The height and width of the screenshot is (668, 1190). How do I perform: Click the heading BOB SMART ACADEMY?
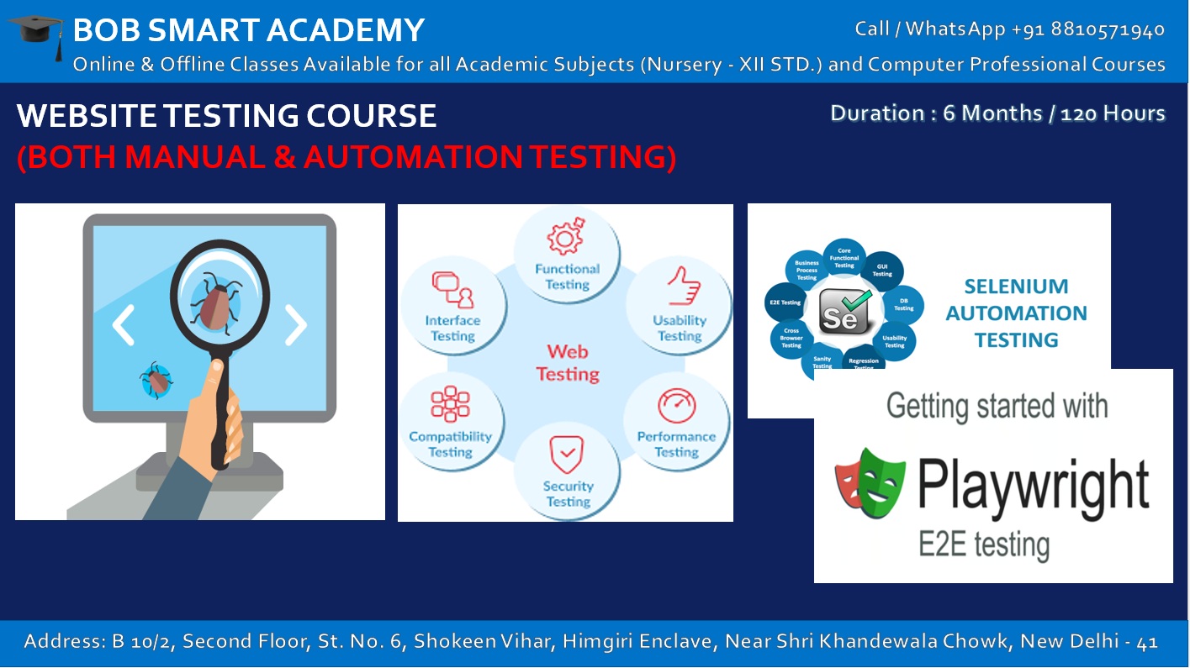pos(249,30)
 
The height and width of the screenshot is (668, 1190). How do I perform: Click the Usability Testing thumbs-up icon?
pos(683,286)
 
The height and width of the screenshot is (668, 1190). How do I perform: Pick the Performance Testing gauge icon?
pos(677,406)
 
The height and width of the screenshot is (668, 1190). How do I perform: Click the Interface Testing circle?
pos(453,306)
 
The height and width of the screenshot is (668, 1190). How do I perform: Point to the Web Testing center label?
pos(568,363)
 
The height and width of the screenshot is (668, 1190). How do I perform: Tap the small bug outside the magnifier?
pos(156,380)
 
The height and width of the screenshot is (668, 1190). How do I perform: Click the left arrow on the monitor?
pos(123,325)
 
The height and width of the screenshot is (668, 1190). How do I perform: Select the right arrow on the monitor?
pos(296,325)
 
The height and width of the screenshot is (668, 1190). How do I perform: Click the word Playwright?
pos(1033,484)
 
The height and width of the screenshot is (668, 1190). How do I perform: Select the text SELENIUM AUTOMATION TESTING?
pos(1016,313)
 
